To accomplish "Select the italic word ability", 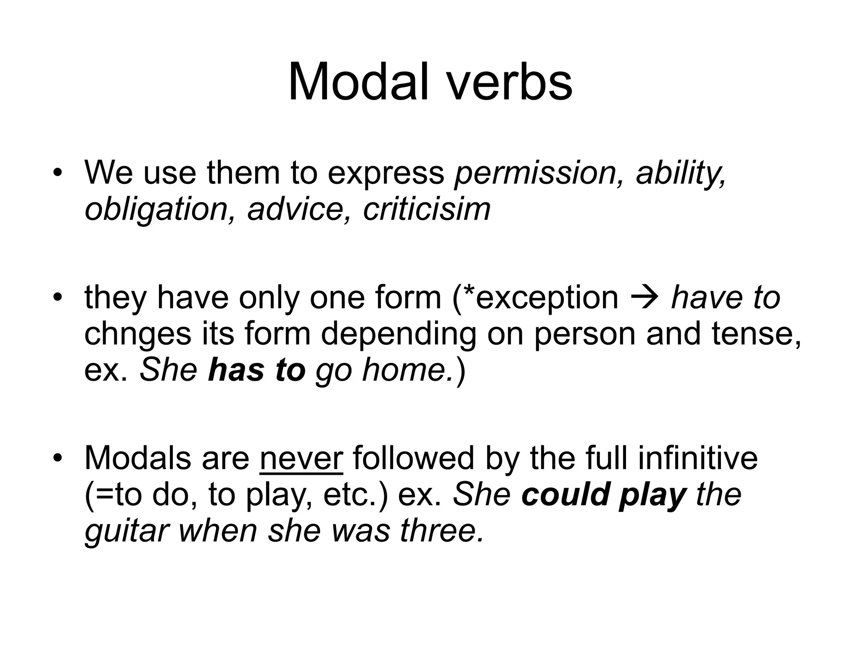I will (680, 173).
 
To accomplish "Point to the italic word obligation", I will (156, 209).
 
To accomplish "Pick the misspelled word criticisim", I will (426, 209).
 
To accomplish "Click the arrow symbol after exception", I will (644, 298).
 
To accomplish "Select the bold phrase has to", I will (256, 370).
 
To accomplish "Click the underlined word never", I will (301, 458).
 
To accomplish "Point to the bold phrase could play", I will (604, 495).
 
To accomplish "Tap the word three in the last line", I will (441, 531).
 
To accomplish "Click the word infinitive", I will (698, 458).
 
